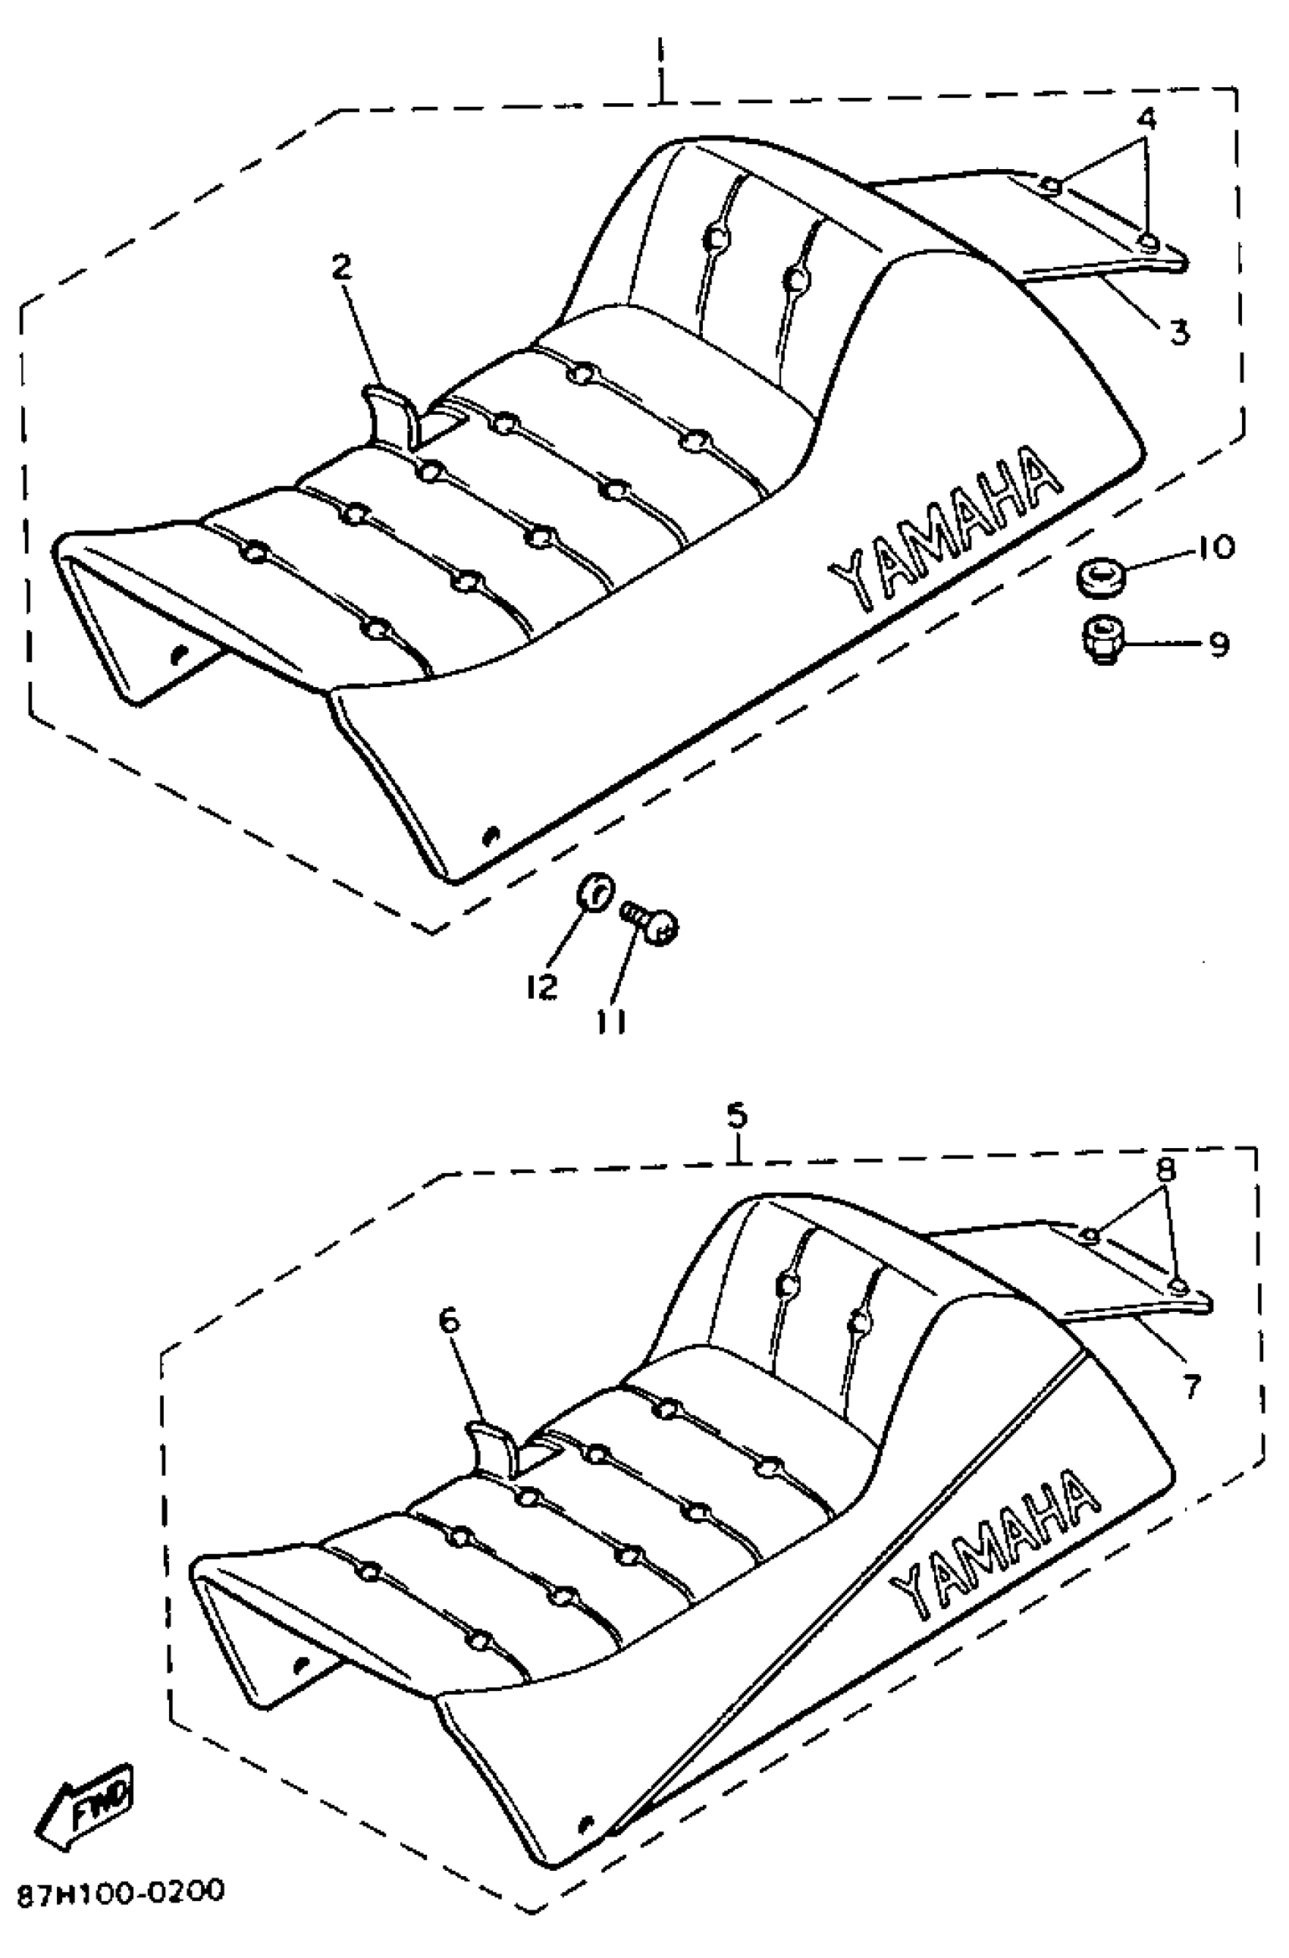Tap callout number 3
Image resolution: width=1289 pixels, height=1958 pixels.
[1179, 332]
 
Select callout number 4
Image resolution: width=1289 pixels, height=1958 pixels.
[1146, 119]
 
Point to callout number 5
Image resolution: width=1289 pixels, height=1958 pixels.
[736, 1115]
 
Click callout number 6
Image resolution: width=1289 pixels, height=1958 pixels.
[450, 1320]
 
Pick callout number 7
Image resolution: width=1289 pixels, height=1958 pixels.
[1190, 1385]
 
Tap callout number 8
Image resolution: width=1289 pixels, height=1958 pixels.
[1166, 1169]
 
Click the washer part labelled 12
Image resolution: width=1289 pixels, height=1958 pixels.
[594, 891]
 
